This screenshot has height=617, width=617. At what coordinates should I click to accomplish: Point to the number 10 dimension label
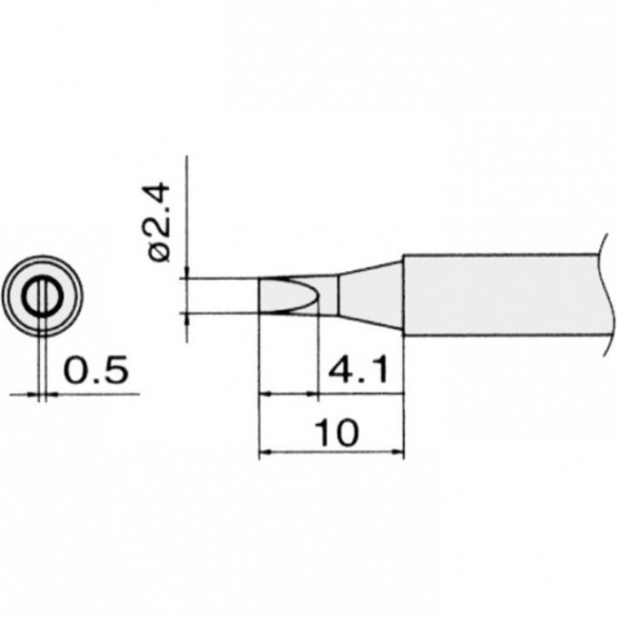point(335,433)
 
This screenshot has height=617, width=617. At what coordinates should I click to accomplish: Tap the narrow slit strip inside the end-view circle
point(42,297)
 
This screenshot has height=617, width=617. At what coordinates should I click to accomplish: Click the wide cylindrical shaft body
point(499,296)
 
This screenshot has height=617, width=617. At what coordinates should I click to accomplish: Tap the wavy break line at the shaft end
point(604,296)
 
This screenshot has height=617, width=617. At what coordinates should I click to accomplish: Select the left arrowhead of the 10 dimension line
point(265,450)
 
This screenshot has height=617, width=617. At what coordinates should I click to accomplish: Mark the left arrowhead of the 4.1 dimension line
point(265,394)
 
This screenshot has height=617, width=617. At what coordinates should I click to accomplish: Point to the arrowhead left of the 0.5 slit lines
point(35,394)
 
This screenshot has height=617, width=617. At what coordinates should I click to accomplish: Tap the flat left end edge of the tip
point(260,295)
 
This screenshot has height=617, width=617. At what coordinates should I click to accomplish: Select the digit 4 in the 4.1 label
point(342,370)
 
